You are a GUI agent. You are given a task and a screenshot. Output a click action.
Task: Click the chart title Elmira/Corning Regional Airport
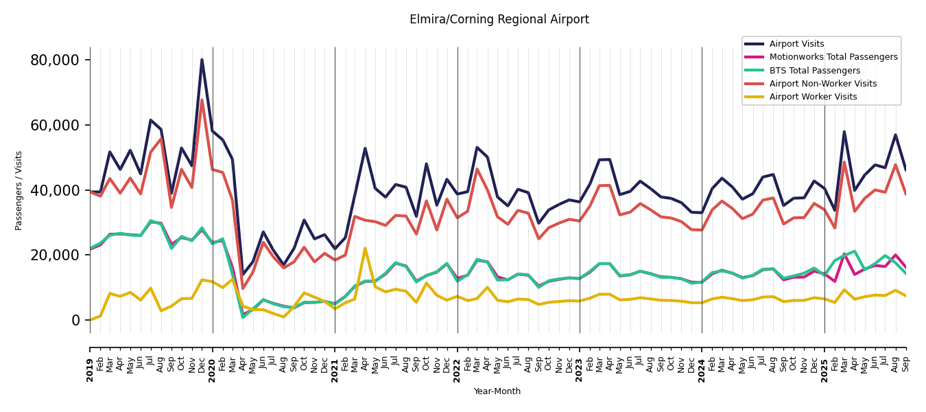pyautogui.click(x=499, y=20)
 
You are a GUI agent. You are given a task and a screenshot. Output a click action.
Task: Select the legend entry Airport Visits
pyautogui.click(x=796, y=44)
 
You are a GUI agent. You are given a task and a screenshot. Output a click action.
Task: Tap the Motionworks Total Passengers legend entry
pyautogui.click(x=833, y=57)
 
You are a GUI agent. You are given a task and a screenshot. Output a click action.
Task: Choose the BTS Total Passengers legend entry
pyautogui.click(x=814, y=71)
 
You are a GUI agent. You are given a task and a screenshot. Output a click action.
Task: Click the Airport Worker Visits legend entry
pyautogui.click(x=813, y=97)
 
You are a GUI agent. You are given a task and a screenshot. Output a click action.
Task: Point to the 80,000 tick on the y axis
pyautogui.click(x=55, y=60)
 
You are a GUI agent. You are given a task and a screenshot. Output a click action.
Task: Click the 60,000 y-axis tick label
pyautogui.click(x=55, y=126)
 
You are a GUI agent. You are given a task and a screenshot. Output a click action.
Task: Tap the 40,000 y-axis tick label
pyautogui.click(x=55, y=190)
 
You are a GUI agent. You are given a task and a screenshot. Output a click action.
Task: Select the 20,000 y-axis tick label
pyautogui.click(x=55, y=255)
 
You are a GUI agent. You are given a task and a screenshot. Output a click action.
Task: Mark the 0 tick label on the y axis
pyautogui.click(x=75, y=321)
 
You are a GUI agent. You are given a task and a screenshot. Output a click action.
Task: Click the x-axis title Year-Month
pyautogui.click(x=497, y=391)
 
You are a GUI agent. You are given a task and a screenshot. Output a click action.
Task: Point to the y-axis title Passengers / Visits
pyautogui.click(x=19, y=190)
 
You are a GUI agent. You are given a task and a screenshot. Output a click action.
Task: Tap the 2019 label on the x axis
pyautogui.click(x=91, y=360)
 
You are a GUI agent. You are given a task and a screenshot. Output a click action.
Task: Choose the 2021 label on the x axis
pyautogui.click(x=335, y=360)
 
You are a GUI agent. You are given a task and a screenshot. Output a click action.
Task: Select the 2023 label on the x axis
pyautogui.click(x=580, y=360)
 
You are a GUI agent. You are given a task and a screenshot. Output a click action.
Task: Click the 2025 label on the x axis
pyautogui.click(x=824, y=360)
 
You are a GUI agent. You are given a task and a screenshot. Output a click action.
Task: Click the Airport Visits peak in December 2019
pyautogui.click(x=202, y=60)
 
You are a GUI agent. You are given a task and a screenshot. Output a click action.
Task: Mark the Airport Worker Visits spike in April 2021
pyautogui.click(x=365, y=249)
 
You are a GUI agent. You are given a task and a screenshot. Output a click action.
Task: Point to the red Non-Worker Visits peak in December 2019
pyautogui.click(x=202, y=100)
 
